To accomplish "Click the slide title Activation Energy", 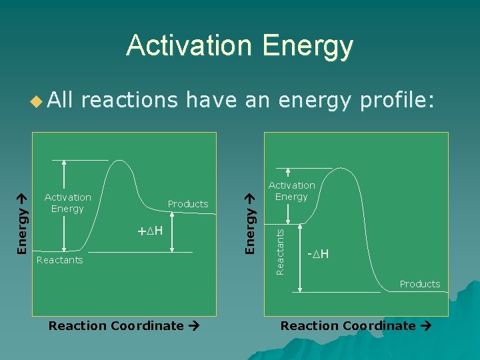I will tap(239, 46).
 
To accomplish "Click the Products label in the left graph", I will tap(188, 204).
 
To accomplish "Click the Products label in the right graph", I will tap(420, 284).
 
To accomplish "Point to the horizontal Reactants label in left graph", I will tap(60, 260).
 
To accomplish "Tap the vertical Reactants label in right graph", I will tap(280, 251).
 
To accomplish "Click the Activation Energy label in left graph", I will tap(67, 203).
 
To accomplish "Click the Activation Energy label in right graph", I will tap(291, 191).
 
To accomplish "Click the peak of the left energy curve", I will tap(121, 161).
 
